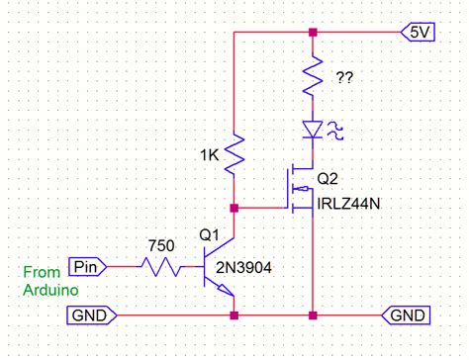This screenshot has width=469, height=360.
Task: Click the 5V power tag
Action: click(415, 32)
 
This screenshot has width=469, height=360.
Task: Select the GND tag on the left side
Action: click(93, 315)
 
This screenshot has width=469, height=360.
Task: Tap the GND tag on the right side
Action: click(406, 315)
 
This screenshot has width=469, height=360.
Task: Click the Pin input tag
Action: click(86, 266)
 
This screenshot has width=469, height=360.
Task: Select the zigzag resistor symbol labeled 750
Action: click(160, 266)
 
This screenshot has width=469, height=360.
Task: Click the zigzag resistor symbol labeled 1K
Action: click(234, 153)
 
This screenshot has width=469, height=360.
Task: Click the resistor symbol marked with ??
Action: click(313, 74)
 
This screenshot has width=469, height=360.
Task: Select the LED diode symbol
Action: click(313, 129)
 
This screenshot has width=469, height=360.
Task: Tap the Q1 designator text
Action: click(211, 236)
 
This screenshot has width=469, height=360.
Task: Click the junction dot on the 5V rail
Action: click(313, 32)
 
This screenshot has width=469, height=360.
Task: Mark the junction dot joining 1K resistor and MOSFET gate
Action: click(234, 208)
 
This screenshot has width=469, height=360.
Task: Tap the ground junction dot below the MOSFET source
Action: click(313, 315)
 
